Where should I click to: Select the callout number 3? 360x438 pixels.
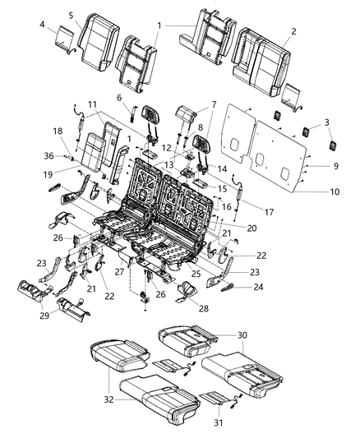coord(327,122)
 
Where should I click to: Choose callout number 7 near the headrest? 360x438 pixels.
coord(190,104)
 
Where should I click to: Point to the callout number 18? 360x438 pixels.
coord(58,131)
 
